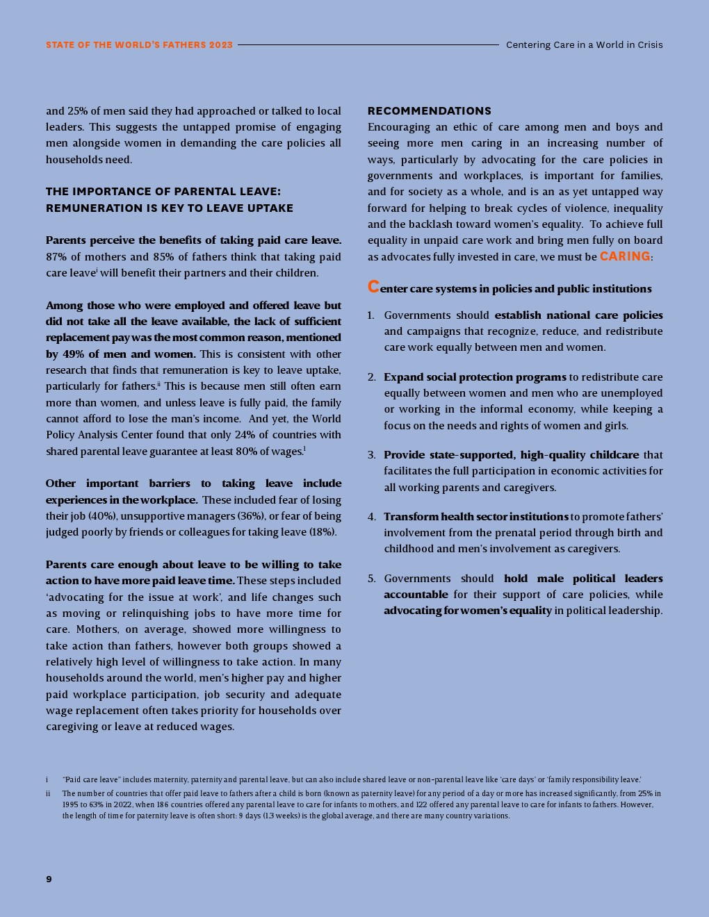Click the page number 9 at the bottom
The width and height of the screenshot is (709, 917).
(x=49, y=879)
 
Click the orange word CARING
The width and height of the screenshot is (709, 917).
(x=625, y=256)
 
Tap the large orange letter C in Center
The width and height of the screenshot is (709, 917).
(x=373, y=287)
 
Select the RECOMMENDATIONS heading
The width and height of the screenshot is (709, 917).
(x=429, y=110)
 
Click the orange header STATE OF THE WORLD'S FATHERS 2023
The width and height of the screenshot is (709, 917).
(x=139, y=44)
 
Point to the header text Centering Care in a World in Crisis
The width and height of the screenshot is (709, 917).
(x=584, y=44)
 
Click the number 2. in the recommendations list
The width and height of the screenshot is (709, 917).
(x=372, y=377)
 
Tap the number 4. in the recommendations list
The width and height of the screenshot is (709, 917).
(x=372, y=517)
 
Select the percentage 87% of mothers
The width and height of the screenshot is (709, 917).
(x=57, y=257)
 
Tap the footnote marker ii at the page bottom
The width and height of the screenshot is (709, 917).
(x=48, y=793)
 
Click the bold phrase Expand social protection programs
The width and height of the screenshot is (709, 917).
(x=475, y=377)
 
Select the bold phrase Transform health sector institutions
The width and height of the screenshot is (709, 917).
(x=475, y=517)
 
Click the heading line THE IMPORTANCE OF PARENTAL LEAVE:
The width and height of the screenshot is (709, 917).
(x=163, y=192)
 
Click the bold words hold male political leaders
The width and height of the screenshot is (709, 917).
(x=583, y=579)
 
